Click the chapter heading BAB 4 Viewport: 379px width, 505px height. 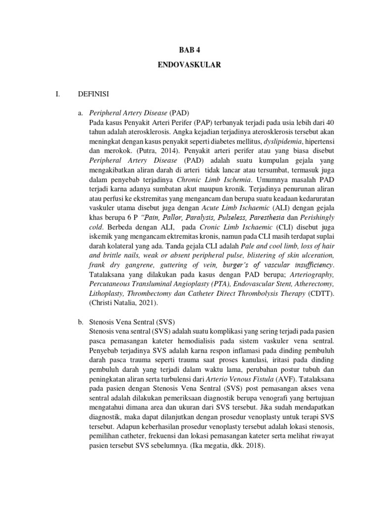point(189,50)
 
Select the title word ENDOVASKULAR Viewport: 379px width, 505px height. point(189,65)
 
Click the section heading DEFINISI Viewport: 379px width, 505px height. point(94,93)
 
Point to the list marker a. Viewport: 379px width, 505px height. point(81,112)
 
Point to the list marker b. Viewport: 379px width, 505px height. point(81,322)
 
